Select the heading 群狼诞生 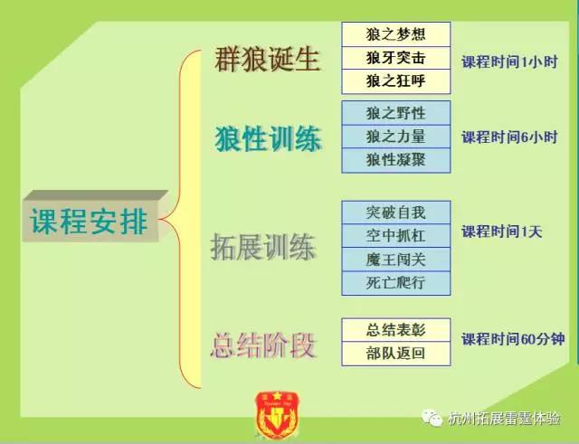pyautogui.click(x=267, y=59)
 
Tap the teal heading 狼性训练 pyautogui.click(x=268, y=138)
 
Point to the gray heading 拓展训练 pyautogui.click(x=263, y=247)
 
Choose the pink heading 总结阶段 pyautogui.click(x=263, y=345)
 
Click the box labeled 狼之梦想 pyautogui.click(x=396, y=34)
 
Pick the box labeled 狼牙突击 pyautogui.click(x=396, y=58)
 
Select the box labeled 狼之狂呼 pyautogui.click(x=396, y=81)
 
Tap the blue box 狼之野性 pyautogui.click(x=396, y=113)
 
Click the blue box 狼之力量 pyautogui.click(x=396, y=137)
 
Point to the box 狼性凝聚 pyautogui.click(x=396, y=160)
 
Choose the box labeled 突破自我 pyautogui.click(x=396, y=213)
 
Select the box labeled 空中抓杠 pyautogui.click(x=396, y=235)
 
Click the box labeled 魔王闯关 pyautogui.click(x=396, y=260)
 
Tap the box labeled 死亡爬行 pyautogui.click(x=396, y=283)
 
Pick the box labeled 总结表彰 pyautogui.click(x=396, y=330)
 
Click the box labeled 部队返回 pyautogui.click(x=396, y=354)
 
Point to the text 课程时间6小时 pyautogui.click(x=509, y=137)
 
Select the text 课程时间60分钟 pyautogui.click(x=513, y=339)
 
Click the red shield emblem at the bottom pyautogui.click(x=277, y=415)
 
